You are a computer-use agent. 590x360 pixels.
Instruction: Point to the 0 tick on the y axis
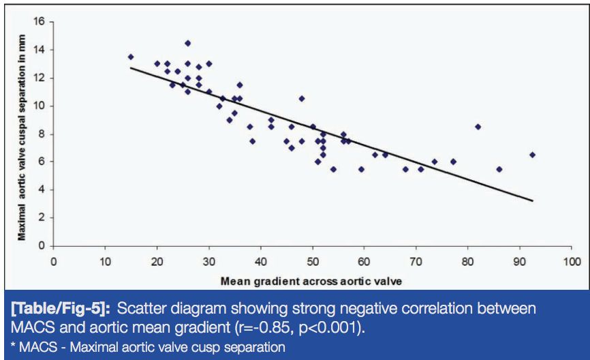(45, 245)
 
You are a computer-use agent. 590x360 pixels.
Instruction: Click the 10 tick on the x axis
(105, 260)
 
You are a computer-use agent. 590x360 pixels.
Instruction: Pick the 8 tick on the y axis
(45, 134)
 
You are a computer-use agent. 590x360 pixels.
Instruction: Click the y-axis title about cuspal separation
(22, 134)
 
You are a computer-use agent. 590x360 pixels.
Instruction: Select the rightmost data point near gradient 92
(532, 155)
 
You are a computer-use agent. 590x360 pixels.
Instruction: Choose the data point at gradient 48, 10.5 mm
(302, 98)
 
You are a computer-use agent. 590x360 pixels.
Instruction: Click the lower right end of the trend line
(532, 200)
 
